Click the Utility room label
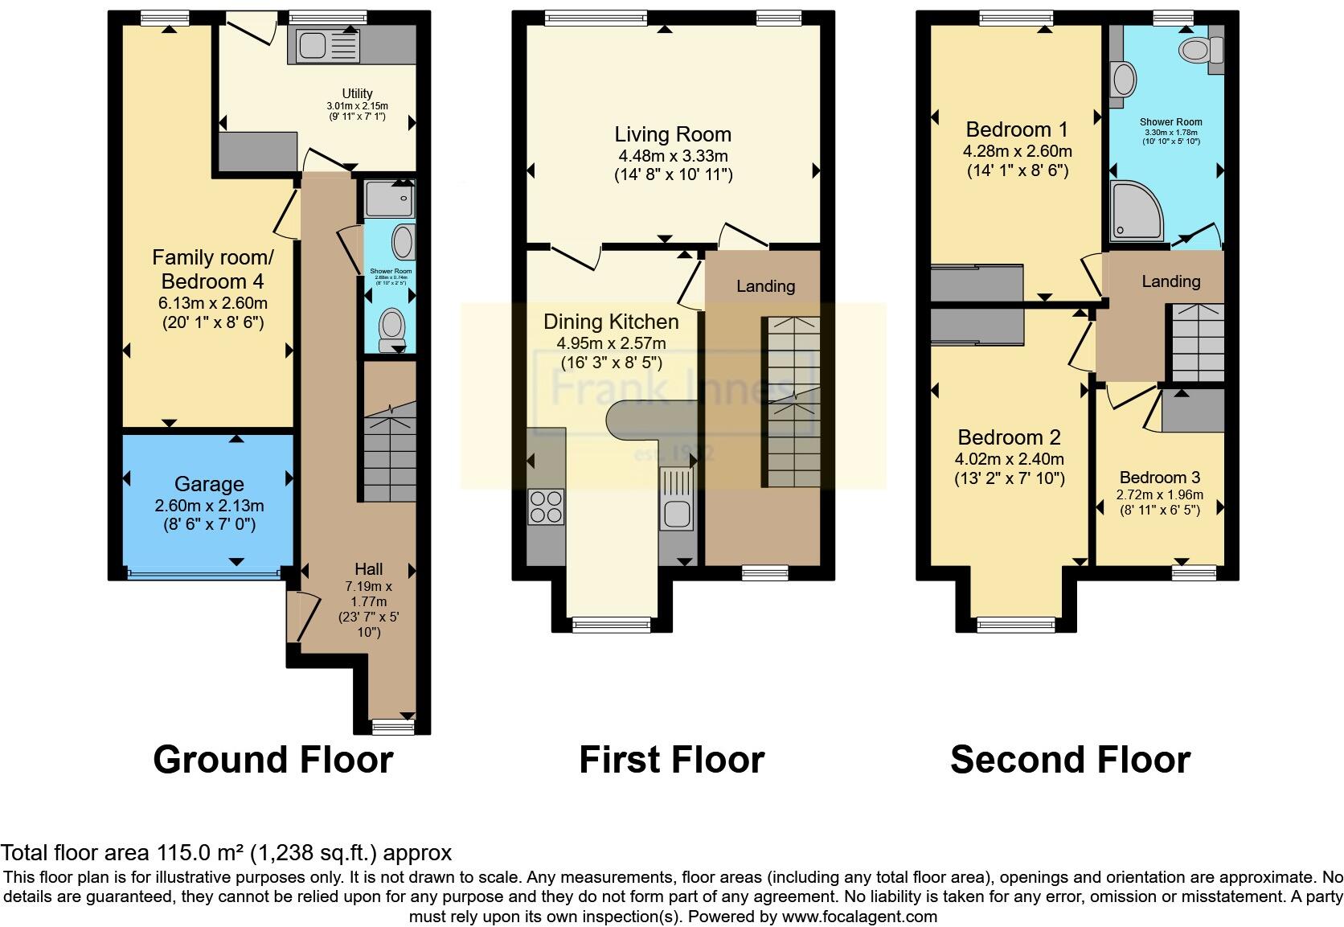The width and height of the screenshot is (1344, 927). coord(358,93)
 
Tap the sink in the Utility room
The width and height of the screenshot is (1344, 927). coord(312,47)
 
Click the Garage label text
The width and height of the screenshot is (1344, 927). coord(209,484)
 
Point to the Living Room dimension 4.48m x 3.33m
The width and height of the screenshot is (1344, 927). coord(672,155)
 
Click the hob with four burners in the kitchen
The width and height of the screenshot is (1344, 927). coord(545,507)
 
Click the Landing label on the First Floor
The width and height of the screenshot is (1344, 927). coord(765,286)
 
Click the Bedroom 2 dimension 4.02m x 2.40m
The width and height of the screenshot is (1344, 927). coord(1009,460)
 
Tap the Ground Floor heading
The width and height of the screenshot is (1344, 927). coord(272,760)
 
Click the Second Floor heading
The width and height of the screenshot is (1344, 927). coord(1069,760)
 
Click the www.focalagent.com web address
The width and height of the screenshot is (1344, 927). coord(858,917)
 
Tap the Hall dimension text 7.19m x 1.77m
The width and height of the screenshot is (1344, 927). coord(368,594)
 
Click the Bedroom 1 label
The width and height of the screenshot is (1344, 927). coord(1016,129)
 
